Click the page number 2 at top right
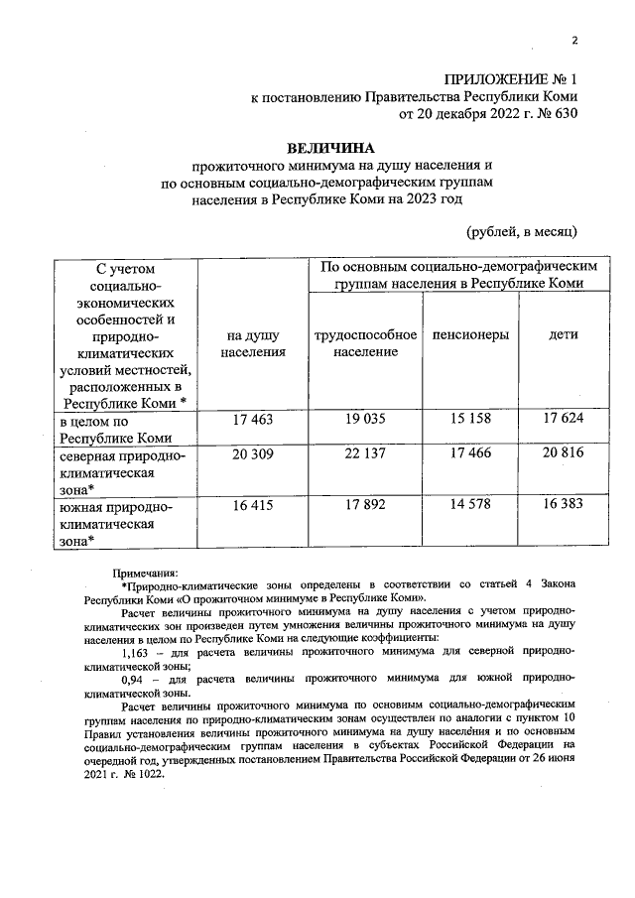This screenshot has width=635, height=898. pos(574,40)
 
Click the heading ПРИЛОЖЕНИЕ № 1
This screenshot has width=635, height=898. pos(509,77)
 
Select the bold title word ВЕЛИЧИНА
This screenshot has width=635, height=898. pos(326,146)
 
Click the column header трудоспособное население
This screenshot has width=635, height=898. pos(364,343)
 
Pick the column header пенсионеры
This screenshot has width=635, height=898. pos(471,335)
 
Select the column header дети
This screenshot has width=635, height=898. pos(564,335)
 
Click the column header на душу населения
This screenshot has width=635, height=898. pos(254,343)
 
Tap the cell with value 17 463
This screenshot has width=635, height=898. pos(254,420)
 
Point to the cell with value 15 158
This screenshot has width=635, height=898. pos(471,420)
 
